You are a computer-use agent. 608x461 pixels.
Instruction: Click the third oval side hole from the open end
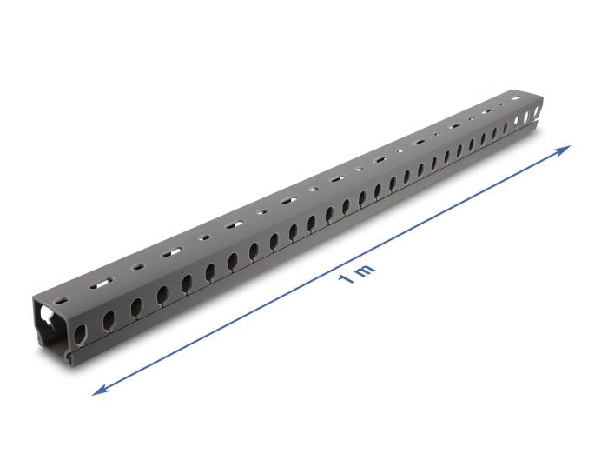[x=135, y=308]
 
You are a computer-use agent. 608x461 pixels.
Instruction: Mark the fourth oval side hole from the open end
[x=162, y=297]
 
